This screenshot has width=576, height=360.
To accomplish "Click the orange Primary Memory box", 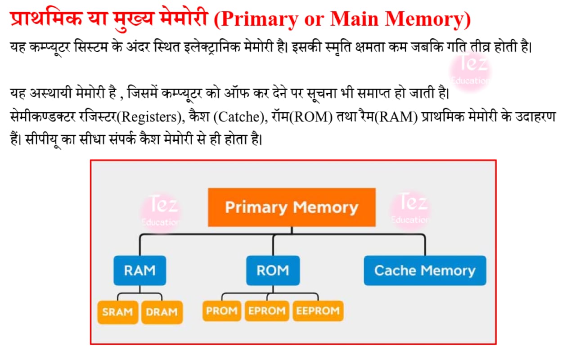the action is click(x=292, y=207).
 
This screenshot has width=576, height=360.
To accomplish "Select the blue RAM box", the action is click(x=140, y=270).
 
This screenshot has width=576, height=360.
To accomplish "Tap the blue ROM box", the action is click(x=273, y=270).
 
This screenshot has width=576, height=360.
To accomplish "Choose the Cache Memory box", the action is click(x=425, y=270).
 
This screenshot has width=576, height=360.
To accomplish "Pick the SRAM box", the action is click(x=118, y=312).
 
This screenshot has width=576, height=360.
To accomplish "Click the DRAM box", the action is click(x=162, y=312).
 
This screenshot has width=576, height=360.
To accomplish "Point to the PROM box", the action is click(x=222, y=311).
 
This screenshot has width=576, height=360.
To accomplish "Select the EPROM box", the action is click(x=267, y=311).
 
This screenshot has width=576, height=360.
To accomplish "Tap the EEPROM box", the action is click(x=318, y=311).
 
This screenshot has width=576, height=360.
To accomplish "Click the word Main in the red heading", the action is click(x=354, y=18).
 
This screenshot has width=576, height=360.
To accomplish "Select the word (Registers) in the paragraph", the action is click(x=150, y=117).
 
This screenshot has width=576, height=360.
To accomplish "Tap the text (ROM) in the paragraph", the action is click(x=311, y=117).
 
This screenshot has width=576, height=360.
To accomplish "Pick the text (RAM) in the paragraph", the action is click(x=396, y=117).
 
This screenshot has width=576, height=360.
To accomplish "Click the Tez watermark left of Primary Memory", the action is click(x=161, y=211).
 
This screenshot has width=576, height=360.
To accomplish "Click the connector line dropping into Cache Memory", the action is click(x=425, y=245).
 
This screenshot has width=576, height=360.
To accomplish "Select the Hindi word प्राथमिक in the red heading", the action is click(x=46, y=18).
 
